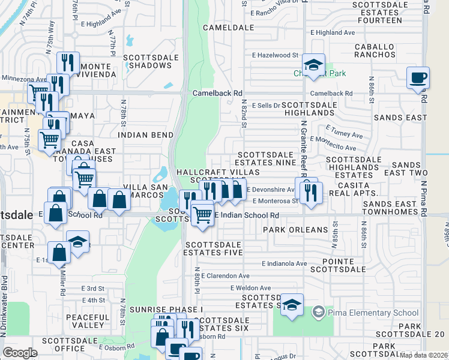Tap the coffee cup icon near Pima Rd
[418, 78]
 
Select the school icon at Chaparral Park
[313, 64]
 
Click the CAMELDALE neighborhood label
[225, 28]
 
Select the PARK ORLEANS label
[295, 230]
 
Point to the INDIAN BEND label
[146, 135]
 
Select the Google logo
[20, 353]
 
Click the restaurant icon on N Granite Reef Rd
[310, 192]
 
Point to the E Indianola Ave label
[284, 263]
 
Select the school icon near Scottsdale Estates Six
[292, 305]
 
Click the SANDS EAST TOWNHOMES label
[390, 208]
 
